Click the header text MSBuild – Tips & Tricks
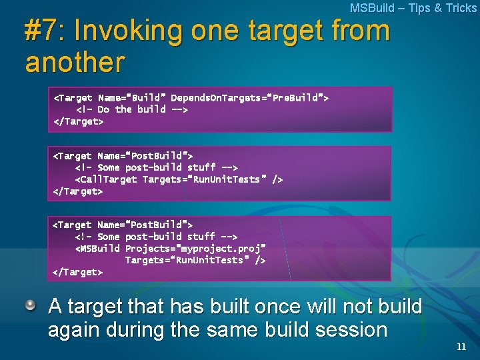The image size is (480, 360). click(x=413, y=8)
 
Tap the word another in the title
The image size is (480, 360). click(x=75, y=62)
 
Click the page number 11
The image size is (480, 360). click(x=461, y=347)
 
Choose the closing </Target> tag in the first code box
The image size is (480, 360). click(x=78, y=121)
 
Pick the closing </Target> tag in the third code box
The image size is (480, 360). click(x=78, y=272)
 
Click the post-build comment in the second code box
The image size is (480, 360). click(x=157, y=167)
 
